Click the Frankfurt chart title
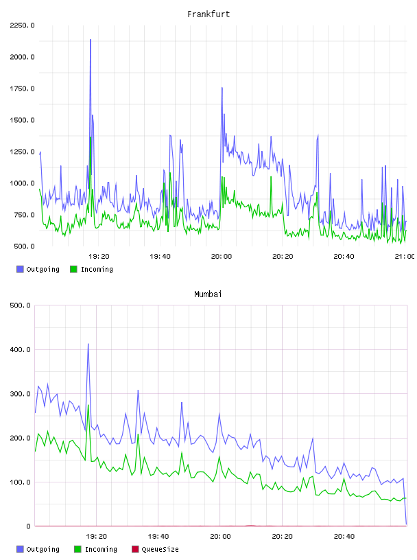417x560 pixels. [x=208, y=14]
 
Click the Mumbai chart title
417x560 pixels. [x=208, y=294]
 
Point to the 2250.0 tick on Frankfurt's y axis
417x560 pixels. [x=22, y=25]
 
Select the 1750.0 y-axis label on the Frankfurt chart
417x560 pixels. [x=22, y=89]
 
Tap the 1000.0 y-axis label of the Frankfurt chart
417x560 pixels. [x=22, y=183]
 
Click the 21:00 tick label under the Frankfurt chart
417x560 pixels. [x=405, y=257]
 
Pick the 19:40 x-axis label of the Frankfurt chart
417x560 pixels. [x=160, y=257]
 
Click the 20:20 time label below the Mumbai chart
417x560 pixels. [x=282, y=537]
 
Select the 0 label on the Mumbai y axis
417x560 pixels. [x=28, y=526]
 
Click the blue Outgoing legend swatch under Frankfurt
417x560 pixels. [x=20, y=269]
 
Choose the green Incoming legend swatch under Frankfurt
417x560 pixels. [x=73, y=269]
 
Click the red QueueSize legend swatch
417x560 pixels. [x=135, y=549]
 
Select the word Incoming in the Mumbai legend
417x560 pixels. [x=101, y=550]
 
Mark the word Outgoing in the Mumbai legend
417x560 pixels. [x=43, y=550]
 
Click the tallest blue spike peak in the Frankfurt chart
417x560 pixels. [x=91, y=40]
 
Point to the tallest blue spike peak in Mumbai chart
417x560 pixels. [x=88, y=344]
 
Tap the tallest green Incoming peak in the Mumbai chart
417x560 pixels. [x=88, y=405]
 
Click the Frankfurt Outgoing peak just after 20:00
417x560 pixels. [x=222, y=88]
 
